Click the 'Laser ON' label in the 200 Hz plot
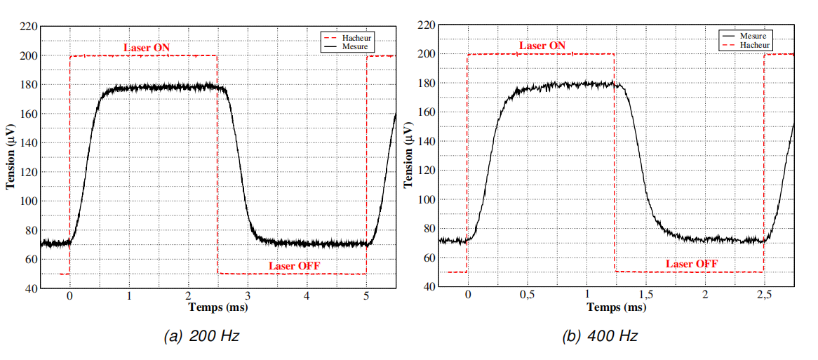click(147, 48)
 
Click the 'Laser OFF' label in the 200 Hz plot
click(294, 266)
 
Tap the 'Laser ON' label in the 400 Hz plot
click(542, 46)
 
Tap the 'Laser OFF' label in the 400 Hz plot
click(691, 264)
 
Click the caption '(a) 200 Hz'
click(201, 337)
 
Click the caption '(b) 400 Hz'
click(599, 337)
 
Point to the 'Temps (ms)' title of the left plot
click(217, 307)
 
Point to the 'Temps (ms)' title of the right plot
click(616, 307)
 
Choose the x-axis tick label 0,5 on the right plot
click(528, 295)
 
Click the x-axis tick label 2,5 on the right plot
click(764, 295)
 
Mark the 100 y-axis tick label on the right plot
click(427, 199)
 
